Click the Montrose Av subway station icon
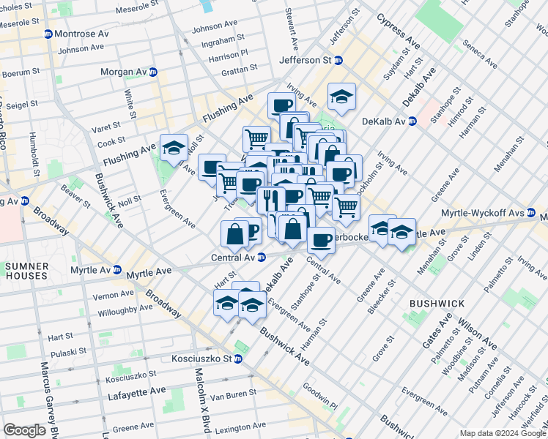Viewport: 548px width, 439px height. click(48, 34)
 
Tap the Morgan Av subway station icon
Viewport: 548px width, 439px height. click(153, 72)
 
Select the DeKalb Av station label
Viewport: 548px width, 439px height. click(384, 121)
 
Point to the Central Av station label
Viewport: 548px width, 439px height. click(232, 257)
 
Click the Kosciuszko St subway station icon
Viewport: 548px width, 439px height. click(248, 359)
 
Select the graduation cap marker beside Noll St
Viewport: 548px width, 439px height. click(174, 148)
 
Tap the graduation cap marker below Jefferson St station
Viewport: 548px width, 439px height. click(341, 96)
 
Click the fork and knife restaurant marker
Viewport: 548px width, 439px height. click(270, 198)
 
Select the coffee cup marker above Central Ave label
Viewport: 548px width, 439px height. click(320, 239)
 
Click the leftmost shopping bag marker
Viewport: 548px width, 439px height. click(234, 234)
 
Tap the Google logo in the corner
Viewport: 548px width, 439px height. click(25, 430)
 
